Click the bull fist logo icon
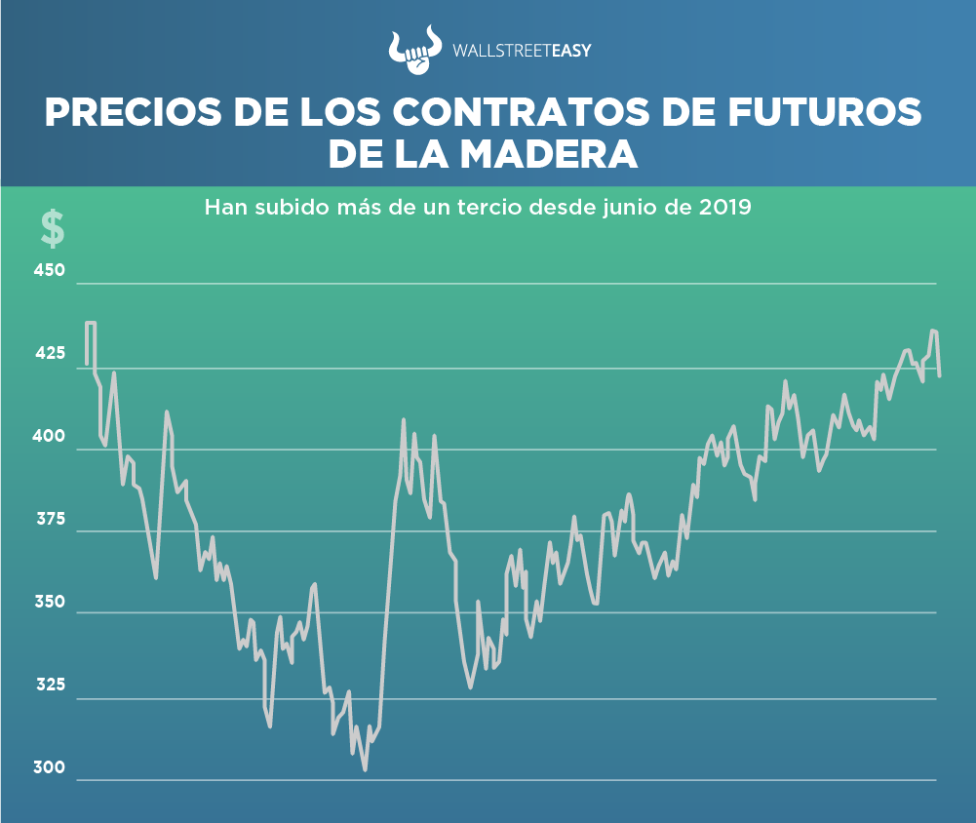pos(412,51)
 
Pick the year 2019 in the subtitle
pos(725,208)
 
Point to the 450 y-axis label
pos(50,270)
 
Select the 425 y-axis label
pos(50,353)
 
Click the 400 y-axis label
pos(50,436)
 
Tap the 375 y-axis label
pos(50,519)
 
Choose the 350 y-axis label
pos(50,602)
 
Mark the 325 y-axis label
pos(50,685)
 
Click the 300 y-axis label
pos(50,767)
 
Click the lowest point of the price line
pos(365,769)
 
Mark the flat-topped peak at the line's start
pos(91,323)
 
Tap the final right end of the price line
pos(939,375)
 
